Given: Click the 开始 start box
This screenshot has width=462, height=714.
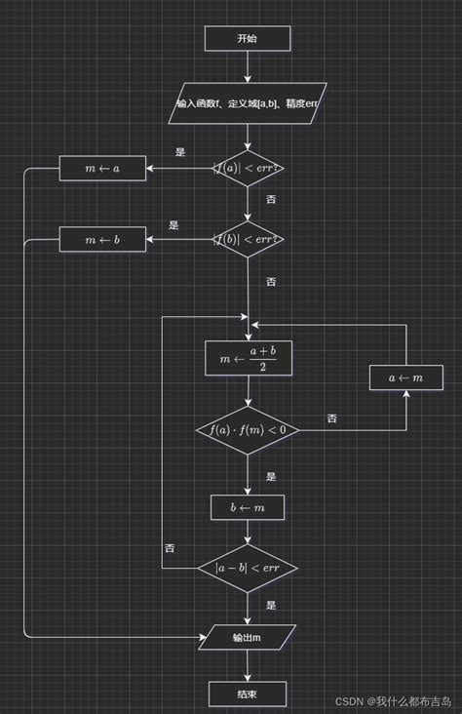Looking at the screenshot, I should [x=248, y=38].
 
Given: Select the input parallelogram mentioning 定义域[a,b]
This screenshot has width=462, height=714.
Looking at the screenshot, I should [x=248, y=102].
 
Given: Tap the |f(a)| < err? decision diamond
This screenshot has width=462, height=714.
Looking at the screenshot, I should [x=248, y=168].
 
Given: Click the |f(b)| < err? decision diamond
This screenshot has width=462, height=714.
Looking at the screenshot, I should [x=248, y=238].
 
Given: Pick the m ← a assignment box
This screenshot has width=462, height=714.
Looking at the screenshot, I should [x=102, y=168].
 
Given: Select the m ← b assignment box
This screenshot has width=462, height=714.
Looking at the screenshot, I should [x=102, y=238].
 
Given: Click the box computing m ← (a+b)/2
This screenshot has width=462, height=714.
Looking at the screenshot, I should [x=248, y=358].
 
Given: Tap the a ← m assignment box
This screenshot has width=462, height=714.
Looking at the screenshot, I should [x=405, y=377].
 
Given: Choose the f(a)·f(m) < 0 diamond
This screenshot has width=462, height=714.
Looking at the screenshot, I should [x=248, y=429].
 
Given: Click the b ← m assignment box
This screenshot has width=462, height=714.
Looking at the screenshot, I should [x=248, y=507].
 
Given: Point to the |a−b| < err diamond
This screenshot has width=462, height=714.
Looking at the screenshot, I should [x=248, y=568].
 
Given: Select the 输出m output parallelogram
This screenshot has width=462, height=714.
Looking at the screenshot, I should [x=247, y=638].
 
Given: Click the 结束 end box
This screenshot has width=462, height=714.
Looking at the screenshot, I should [x=248, y=694].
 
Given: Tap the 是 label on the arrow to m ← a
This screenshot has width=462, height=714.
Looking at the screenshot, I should [x=180, y=152].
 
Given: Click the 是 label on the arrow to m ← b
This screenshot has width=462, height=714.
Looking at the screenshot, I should [x=173, y=224].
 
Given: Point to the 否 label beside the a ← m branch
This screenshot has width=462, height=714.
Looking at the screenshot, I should [x=332, y=418].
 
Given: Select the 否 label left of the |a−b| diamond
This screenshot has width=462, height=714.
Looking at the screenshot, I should [x=170, y=548].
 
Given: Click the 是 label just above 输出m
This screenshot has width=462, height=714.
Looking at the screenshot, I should [x=271, y=605].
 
